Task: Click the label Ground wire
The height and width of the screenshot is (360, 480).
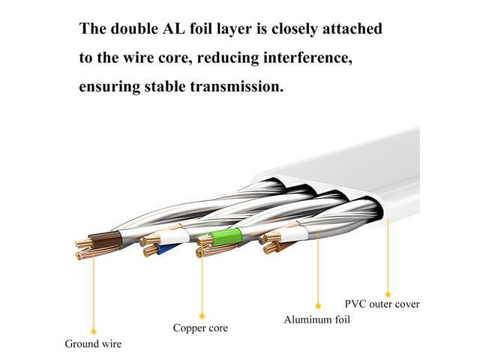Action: pos(93,343)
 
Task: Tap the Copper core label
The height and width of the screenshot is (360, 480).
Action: pos(200,328)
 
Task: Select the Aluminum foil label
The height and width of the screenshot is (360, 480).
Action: pos(316,319)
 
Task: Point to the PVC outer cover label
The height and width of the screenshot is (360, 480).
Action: pos(382,304)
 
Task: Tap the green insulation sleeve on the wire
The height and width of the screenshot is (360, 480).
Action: pos(226,238)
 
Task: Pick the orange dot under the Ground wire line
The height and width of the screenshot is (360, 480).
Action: pos(94,331)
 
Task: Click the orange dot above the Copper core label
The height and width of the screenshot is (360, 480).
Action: pos(202,316)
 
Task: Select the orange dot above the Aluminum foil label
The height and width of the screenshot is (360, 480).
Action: pos(318,305)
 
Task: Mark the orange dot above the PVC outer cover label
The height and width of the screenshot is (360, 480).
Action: pos(388,295)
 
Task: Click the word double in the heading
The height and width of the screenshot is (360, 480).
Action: pos(133,28)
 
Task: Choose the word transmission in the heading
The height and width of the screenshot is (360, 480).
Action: pos(237,87)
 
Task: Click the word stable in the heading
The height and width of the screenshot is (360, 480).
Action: pos(165,86)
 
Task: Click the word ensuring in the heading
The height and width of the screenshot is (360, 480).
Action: pos(109,87)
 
